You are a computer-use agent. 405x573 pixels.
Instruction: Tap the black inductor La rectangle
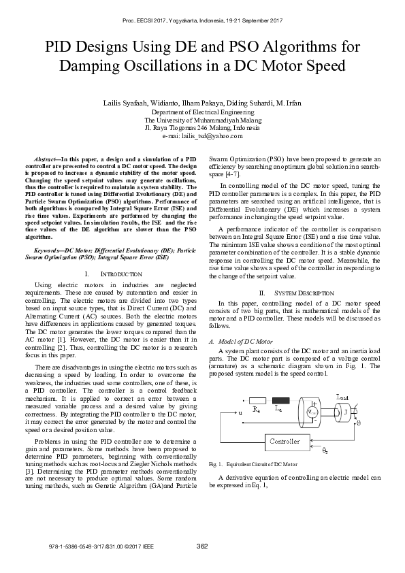[x=280, y=399]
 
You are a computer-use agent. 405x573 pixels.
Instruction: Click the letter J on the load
[x=345, y=412]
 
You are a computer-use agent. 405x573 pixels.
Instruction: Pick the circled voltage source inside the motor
[x=312, y=412]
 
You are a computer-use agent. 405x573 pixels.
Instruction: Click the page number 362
[x=202, y=546]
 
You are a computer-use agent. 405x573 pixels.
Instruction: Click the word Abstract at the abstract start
[x=45, y=158]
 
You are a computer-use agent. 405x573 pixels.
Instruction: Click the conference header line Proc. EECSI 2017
[x=202, y=22]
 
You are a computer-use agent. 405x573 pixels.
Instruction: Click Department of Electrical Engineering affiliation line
[x=202, y=112]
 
